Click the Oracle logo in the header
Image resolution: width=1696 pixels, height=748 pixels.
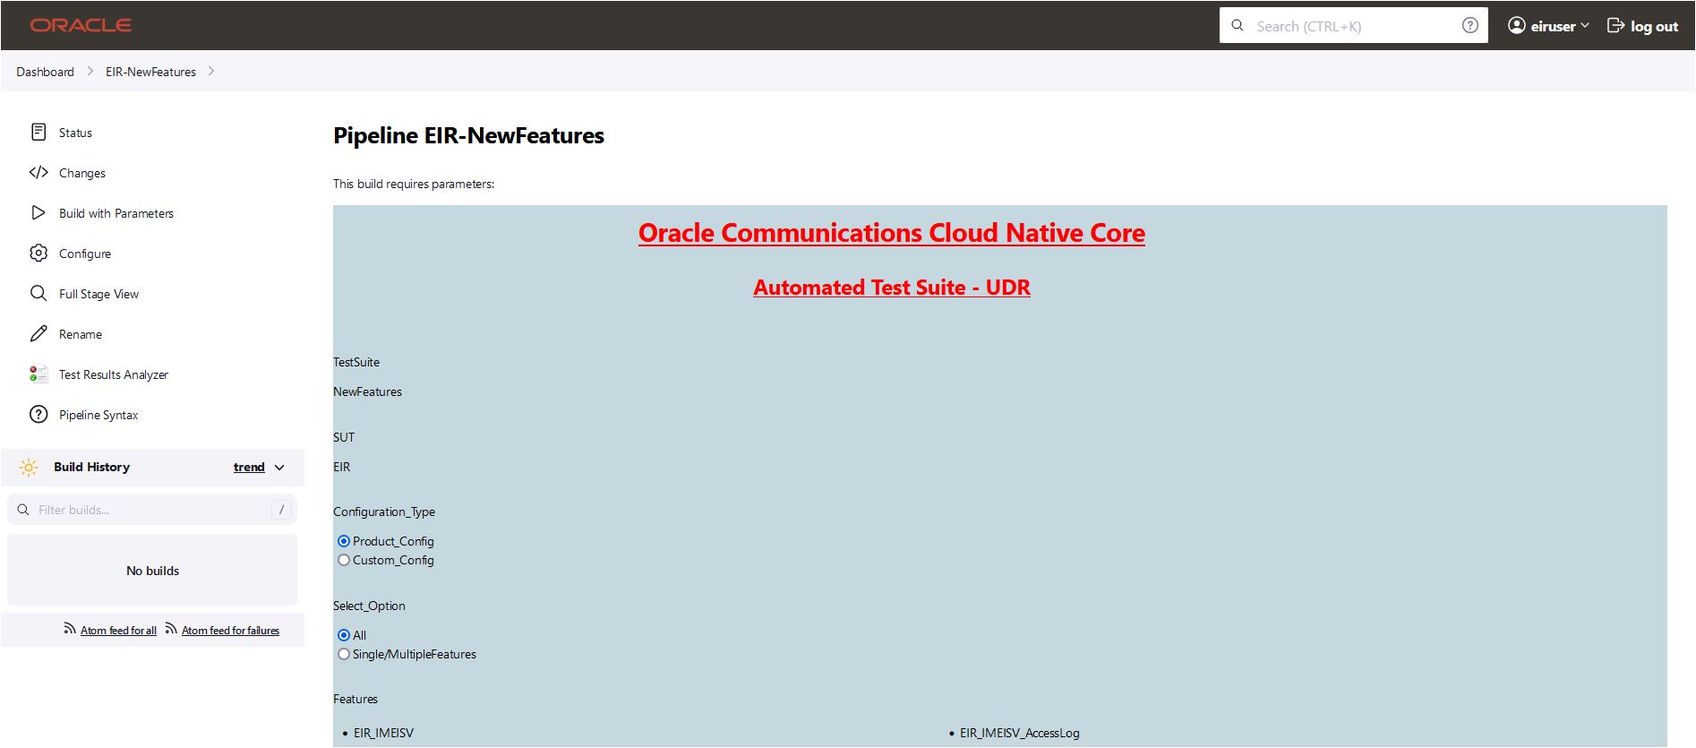[81, 25]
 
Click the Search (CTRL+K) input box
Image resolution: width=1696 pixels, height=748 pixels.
[1353, 26]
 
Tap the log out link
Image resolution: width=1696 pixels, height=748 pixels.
[1642, 26]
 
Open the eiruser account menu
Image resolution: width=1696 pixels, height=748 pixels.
[1548, 26]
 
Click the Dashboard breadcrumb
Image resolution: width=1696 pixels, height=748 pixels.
[45, 72]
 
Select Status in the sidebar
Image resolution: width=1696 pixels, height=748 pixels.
[75, 133]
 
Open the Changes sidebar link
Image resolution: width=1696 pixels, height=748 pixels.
[81, 173]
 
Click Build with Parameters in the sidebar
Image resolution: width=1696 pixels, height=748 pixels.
[116, 213]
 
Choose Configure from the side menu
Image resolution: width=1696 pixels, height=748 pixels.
[84, 254]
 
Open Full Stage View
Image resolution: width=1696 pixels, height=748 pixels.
[99, 294]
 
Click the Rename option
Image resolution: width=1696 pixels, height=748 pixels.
[80, 334]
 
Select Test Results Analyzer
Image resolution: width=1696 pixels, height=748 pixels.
[113, 374]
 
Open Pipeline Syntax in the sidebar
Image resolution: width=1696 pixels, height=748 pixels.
[99, 415]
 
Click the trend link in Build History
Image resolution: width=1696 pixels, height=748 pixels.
[249, 467]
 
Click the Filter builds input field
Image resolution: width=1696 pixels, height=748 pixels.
[152, 510]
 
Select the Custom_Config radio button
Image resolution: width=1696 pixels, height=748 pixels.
[344, 560]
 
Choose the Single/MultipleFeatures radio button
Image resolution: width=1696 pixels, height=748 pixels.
[344, 654]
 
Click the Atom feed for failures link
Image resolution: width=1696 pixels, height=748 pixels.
[230, 631]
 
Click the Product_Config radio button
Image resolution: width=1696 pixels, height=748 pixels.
[344, 541]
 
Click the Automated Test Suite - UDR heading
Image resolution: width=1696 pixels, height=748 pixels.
[892, 288]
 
